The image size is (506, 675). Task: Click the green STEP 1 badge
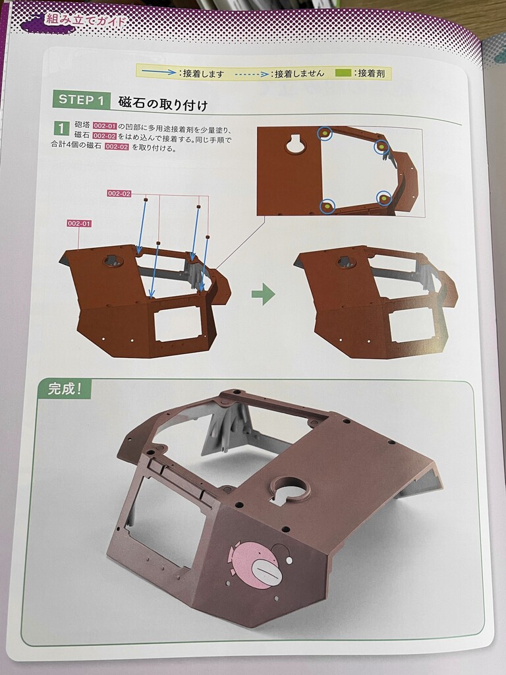point(81,100)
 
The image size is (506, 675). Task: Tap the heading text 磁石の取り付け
point(163,103)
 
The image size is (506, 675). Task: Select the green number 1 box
point(61,129)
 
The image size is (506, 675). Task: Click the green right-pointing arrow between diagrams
point(264,295)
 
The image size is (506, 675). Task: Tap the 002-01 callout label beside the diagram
point(79,223)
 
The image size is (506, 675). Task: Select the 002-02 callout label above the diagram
point(119,194)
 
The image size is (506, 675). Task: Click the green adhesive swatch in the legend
point(343,73)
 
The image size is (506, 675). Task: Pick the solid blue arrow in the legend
point(159,72)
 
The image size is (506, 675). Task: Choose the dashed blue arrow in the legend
point(252,74)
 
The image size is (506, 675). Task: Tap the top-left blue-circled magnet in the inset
point(325,134)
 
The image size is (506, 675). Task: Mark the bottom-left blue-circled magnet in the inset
point(328,206)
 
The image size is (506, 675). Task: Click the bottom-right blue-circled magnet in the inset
point(384,198)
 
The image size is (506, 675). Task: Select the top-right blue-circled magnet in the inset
point(381,147)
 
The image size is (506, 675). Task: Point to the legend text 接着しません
point(299,74)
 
